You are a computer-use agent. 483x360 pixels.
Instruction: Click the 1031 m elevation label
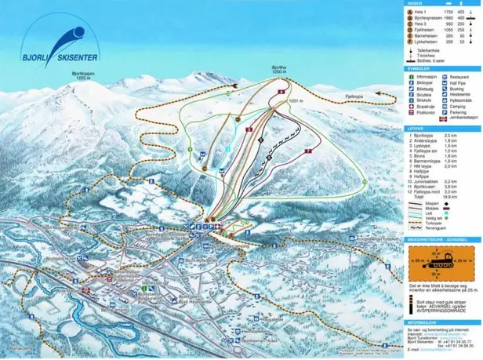click(x=296, y=101)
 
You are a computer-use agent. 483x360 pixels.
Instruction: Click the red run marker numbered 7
click(x=308, y=149)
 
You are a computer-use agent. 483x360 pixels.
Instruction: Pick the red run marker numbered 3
click(x=248, y=129)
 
